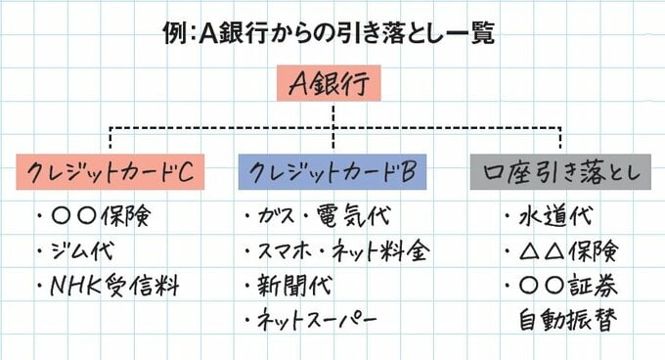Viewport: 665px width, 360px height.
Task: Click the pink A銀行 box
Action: tap(333, 86)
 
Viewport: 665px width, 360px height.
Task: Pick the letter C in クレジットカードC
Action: tap(194, 173)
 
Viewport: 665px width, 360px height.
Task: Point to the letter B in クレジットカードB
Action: tap(411, 173)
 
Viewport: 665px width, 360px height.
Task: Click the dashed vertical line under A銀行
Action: tap(333, 116)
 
